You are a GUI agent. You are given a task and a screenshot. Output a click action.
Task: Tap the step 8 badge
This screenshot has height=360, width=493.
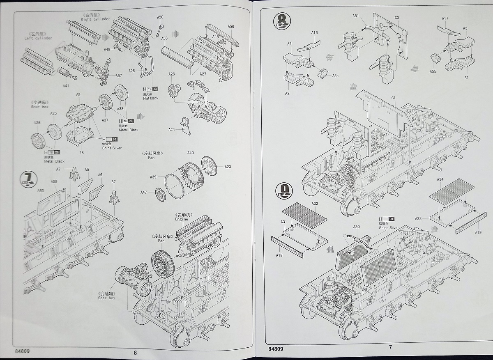[x=283, y=21]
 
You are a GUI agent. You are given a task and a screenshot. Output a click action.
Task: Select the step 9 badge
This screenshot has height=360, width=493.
[x=284, y=190]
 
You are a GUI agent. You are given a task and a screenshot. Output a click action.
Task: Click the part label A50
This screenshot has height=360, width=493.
[x=160, y=17]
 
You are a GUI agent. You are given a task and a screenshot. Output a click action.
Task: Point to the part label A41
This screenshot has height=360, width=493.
[x=66, y=86]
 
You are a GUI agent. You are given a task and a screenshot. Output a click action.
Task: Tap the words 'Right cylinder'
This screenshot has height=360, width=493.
[x=95, y=19]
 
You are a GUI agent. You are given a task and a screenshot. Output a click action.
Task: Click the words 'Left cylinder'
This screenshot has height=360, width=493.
[x=38, y=38]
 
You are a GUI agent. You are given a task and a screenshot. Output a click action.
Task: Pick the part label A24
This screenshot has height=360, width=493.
[x=172, y=129]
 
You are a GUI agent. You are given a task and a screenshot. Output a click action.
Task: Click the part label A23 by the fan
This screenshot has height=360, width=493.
[x=228, y=167]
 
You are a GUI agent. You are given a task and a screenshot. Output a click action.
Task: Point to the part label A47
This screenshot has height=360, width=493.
[x=143, y=192]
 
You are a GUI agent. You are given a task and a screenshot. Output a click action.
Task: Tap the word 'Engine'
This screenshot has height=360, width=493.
[x=182, y=219]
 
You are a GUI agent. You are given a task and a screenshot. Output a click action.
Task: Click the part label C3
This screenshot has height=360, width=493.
[x=397, y=18]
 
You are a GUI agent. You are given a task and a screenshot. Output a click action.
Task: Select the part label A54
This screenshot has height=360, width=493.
[x=335, y=76]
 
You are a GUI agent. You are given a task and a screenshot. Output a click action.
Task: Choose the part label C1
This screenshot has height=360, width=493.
[x=393, y=97]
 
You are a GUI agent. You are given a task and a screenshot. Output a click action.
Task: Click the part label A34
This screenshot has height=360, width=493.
[x=440, y=179]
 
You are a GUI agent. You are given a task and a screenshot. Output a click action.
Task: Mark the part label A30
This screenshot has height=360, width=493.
[x=356, y=227]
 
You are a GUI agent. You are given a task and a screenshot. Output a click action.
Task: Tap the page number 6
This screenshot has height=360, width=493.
[x=135, y=352]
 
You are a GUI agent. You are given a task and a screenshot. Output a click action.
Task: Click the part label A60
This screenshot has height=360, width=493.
[x=41, y=191]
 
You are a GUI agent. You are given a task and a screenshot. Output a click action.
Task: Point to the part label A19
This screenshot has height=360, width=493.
[x=479, y=233]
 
